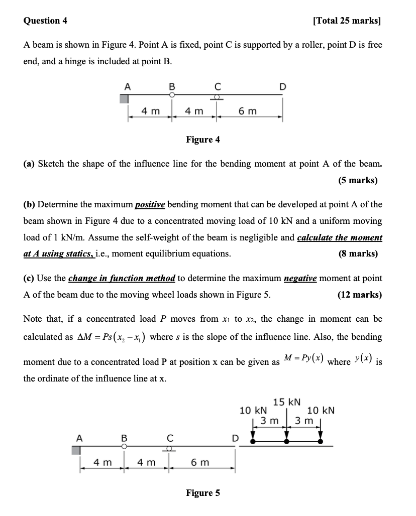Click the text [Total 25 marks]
pyautogui.click(x=347, y=21)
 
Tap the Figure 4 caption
pyautogui.click(x=203, y=139)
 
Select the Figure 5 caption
pyautogui.click(x=203, y=492)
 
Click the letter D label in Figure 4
pyautogui.click(x=283, y=86)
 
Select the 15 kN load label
pyautogui.click(x=287, y=402)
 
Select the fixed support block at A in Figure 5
pyautogui.click(x=76, y=450)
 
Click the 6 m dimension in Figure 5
pyautogui.click(x=200, y=462)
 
